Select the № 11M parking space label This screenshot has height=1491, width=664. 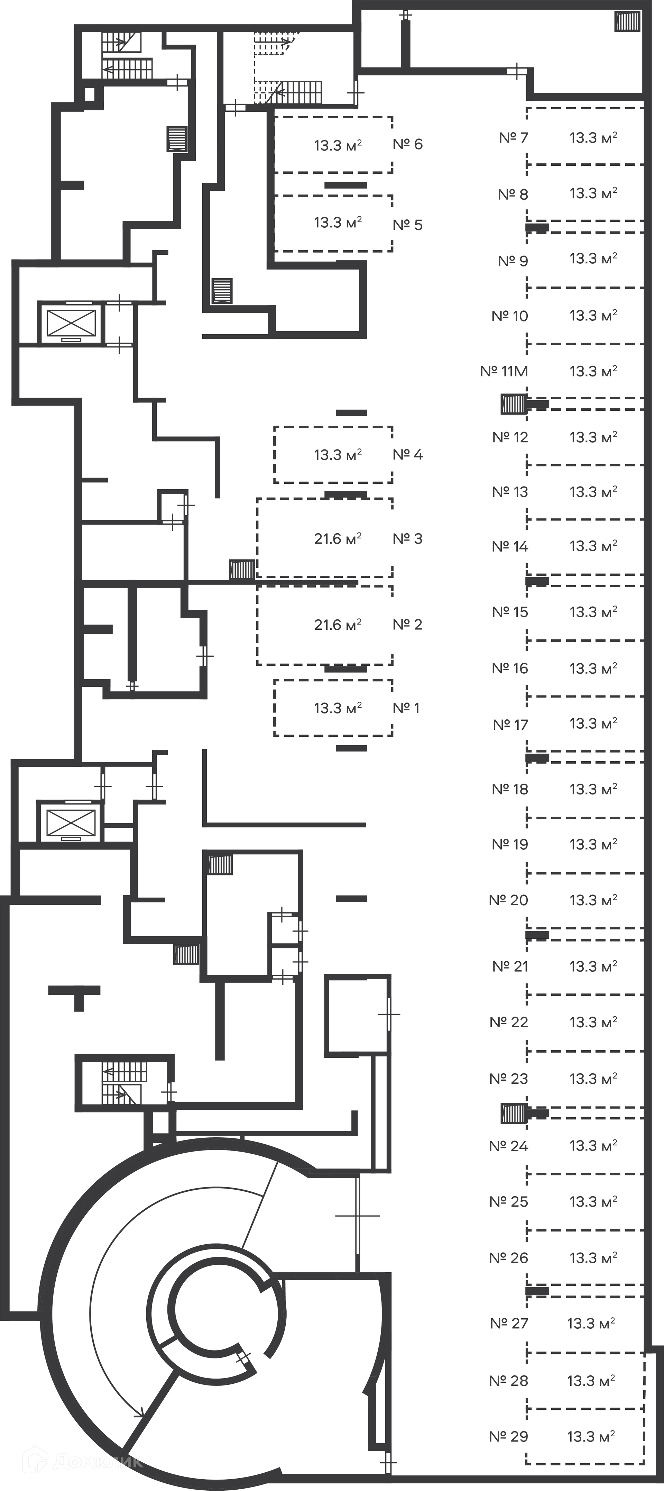[504, 371]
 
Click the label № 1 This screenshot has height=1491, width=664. [406, 708]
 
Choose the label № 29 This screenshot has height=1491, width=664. [508, 1437]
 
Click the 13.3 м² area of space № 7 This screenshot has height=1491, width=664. [593, 138]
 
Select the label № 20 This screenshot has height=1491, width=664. [508, 900]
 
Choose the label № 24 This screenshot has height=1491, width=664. [508, 1146]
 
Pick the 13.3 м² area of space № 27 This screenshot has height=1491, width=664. [591, 1323]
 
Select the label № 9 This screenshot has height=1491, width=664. [513, 261]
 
